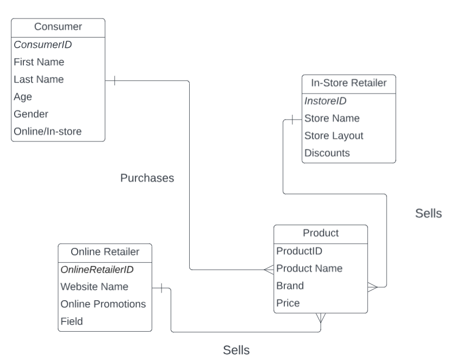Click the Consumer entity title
[58, 27]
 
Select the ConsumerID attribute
[42, 45]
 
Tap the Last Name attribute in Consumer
[39, 79]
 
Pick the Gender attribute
[31, 114]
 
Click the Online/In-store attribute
[48, 132]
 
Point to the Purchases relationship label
[147, 178]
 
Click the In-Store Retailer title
[348, 83]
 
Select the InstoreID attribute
[325, 101]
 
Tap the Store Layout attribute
[334, 135]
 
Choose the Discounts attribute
[327, 153]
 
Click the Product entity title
[320, 233]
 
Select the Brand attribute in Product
[290, 285]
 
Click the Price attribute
[288, 303]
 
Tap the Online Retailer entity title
[105, 251]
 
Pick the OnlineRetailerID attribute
[97, 269]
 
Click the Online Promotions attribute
[103, 304]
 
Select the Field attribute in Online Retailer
[72, 321]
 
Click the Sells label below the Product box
[236, 350]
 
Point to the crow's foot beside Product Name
[269, 269]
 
